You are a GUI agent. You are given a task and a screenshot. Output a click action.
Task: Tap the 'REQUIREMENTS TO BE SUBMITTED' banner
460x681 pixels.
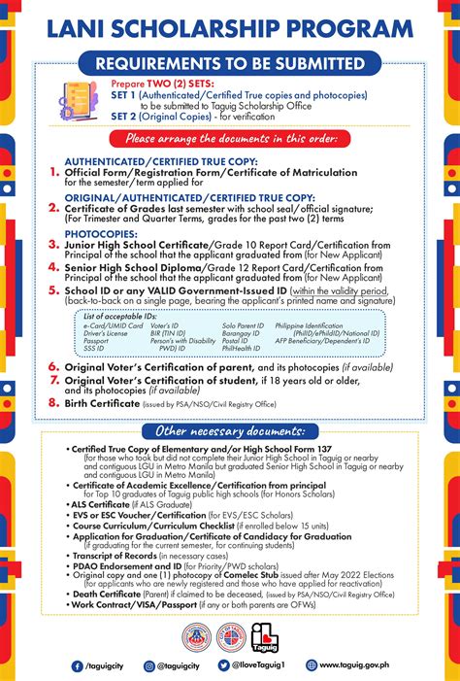(229, 64)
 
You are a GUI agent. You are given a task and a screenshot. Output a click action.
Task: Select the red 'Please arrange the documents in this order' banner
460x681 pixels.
(230, 139)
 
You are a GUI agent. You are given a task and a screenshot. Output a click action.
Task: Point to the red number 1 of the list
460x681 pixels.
(53, 173)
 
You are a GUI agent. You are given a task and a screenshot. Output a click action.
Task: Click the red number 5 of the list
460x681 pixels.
(53, 290)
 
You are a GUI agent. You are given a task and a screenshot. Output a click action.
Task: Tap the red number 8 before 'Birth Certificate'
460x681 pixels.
(53, 401)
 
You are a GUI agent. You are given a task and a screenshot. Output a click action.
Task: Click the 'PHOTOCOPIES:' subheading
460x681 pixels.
(95, 234)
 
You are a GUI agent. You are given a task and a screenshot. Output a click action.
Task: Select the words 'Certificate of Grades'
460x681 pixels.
(111, 208)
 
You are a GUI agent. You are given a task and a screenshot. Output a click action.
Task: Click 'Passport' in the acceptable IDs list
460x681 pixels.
(96, 341)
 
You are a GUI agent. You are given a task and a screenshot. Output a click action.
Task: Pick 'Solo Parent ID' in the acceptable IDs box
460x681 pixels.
(243, 325)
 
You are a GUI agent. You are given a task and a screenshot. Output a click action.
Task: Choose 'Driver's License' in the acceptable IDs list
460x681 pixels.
(105, 333)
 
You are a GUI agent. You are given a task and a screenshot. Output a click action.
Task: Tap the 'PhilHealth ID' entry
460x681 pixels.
(242, 349)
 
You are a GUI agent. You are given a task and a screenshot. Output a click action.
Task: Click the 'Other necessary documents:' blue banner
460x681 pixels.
(230, 430)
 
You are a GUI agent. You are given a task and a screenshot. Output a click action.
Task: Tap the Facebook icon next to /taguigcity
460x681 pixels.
(77, 665)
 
